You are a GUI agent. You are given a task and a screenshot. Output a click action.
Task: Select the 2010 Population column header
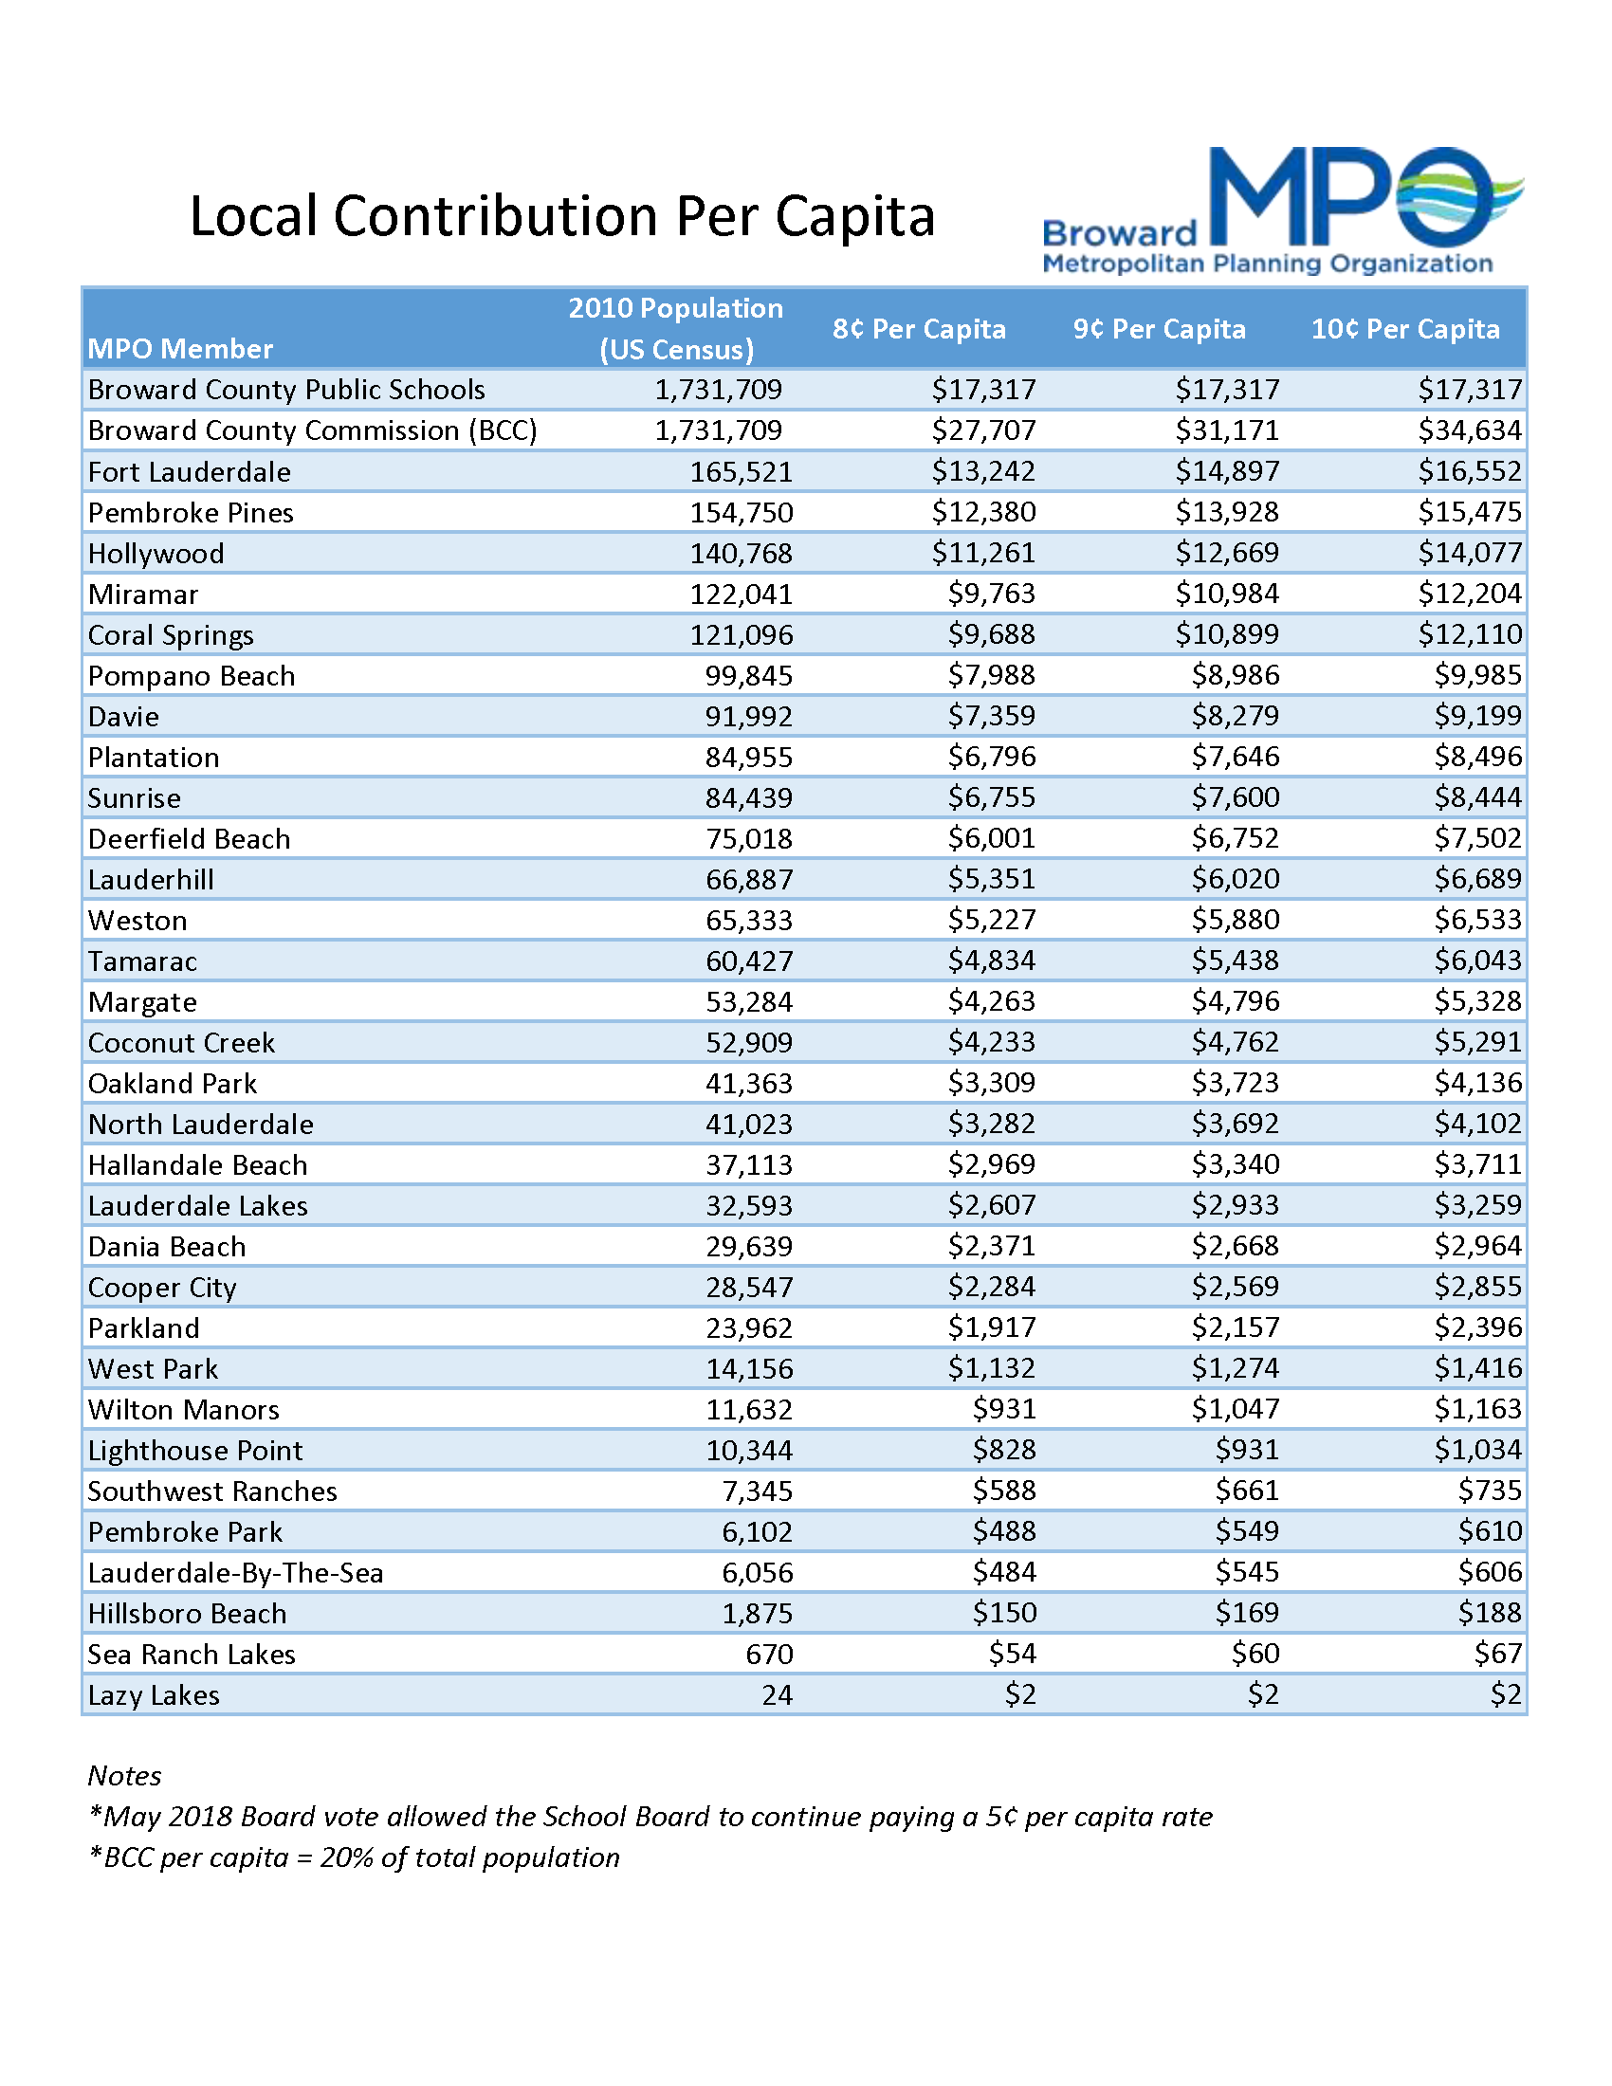675,329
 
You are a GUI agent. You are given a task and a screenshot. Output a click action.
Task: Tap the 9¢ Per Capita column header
1159,330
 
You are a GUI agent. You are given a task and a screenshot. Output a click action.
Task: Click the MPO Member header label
179,349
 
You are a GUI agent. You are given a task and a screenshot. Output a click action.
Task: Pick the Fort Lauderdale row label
189,472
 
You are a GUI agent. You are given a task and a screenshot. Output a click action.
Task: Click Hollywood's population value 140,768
742,554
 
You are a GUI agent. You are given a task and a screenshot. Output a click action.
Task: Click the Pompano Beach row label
191,676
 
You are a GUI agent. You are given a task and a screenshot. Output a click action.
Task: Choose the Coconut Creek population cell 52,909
749,1043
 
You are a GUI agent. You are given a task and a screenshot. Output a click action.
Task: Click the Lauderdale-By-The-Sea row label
235,1573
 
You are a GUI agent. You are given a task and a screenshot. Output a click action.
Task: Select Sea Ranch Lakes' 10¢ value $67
1496,1654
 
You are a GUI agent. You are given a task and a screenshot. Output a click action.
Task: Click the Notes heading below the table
124,1776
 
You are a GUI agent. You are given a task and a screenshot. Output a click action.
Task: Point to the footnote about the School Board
650,1817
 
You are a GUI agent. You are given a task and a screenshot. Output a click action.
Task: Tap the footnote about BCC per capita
354,1857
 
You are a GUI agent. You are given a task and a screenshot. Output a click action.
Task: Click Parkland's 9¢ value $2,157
1234,1327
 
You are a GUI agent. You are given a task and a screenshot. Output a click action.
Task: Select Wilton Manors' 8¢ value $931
1003,1409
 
